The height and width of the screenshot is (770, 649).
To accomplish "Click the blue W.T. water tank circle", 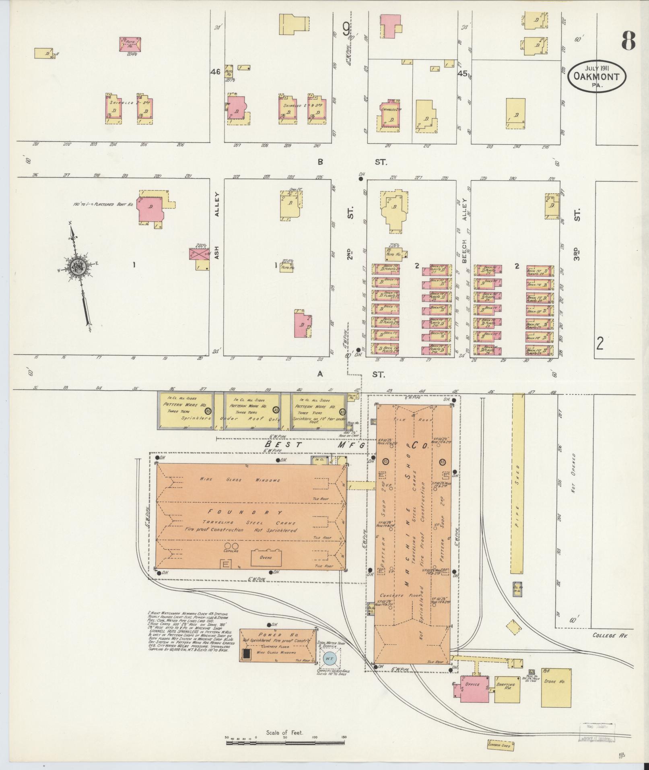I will click(330, 659).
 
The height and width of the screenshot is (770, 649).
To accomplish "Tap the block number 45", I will click(462, 74).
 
